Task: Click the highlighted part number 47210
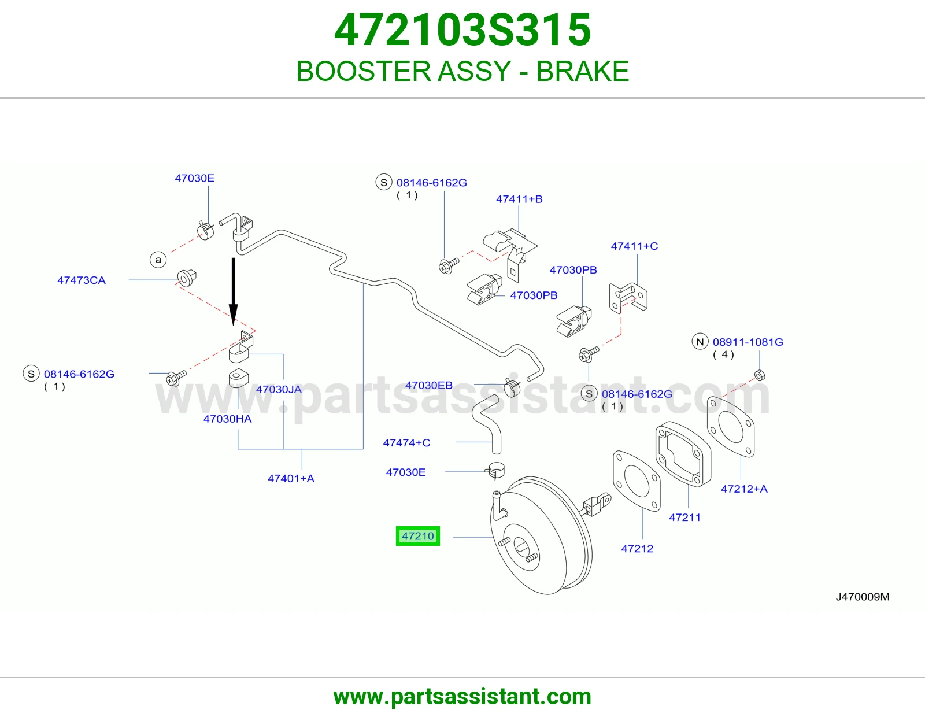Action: tap(417, 535)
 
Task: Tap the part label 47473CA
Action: tap(82, 280)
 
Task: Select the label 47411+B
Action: tap(519, 199)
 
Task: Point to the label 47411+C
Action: tap(634, 246)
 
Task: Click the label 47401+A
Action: tap(291, 478)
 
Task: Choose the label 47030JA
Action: tap(279, 389)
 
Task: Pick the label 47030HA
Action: tap(227, 419)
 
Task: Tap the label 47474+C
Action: tap(406, 443)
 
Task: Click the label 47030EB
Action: tap(428, 385)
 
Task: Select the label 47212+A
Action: tap(744, 489)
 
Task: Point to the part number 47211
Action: tap(684, 518)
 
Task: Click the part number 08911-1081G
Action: tap(748, 342)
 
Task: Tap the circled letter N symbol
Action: tap(700, 342)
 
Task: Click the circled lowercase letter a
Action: tap(158, 259)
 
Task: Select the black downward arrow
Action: tap(233, 291)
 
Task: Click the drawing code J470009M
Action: tap(863, 597)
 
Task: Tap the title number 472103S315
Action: tap(462, 30)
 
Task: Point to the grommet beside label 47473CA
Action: tap(187, 278)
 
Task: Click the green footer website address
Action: tap(462, 697)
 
